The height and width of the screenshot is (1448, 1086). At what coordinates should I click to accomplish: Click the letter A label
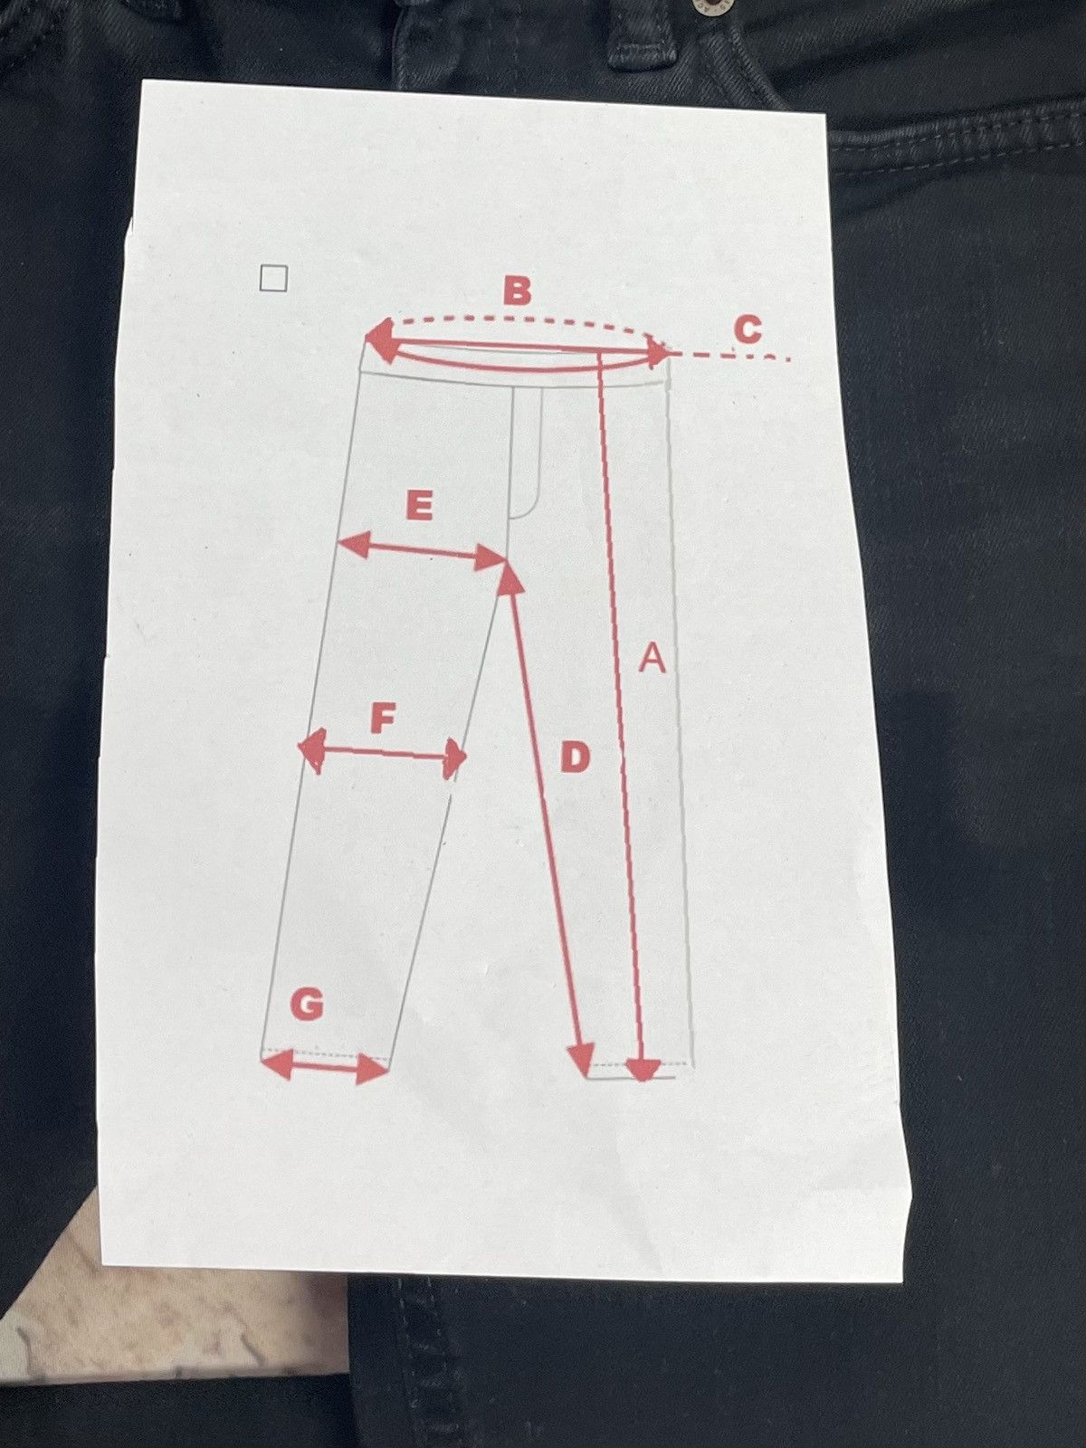click(x=653, y=658)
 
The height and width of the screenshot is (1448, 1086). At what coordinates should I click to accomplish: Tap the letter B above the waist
click(x=516, y=291)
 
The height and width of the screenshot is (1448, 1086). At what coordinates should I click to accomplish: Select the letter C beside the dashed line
click(x=748, y=329)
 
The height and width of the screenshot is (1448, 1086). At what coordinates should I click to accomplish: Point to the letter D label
click(x=575, y=757)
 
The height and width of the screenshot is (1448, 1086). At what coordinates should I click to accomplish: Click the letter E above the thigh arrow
click(x=419, y=507)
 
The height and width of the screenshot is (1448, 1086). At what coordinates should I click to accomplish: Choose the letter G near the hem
click(x=307, y=1006)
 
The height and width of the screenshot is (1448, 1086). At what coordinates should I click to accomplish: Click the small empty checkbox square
click(x=273, y=279)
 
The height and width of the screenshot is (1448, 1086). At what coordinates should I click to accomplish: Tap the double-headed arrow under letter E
click(x=422, y=553)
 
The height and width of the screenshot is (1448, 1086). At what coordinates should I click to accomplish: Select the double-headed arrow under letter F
click(x=383, y=752)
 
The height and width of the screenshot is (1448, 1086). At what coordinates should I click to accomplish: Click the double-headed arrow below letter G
click(x=325, y=1067)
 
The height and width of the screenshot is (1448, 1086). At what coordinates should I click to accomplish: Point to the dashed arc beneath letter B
click(x=521, y=322)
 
